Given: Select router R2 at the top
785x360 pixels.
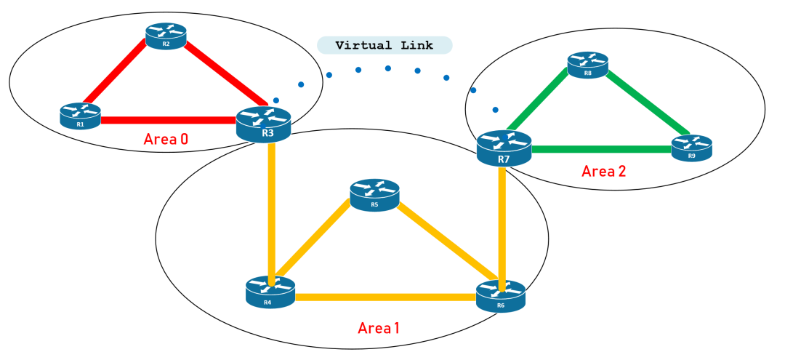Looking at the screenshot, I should [x=166, y=36].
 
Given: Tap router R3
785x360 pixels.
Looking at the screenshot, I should [x=263, y=124].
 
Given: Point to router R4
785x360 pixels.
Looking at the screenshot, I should [x=270, y=292].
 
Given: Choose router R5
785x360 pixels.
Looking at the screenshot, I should [x=374, y=196].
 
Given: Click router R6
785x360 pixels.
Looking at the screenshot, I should [x=500, y=296].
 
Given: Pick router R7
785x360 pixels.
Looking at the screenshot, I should [x=504, y=148].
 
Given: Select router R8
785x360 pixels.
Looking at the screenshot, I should [x=588, y=64].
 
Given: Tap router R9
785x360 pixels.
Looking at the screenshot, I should [x=691, y=148].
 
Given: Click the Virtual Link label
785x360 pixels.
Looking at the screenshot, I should [x=385, y=45].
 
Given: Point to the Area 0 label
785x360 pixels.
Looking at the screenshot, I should [x=166, y=139].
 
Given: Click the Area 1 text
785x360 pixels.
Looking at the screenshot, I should [x=378, y=328].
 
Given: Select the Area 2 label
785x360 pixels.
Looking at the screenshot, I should [x=603, y=172].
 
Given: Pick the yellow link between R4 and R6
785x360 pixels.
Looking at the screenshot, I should [x=385, y=297].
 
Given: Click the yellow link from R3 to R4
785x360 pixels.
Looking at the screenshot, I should [x=270, y=211].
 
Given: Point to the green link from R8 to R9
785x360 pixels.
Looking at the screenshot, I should [x=643, y=102].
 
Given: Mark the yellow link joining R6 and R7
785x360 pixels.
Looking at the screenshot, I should [x=502, y=225].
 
